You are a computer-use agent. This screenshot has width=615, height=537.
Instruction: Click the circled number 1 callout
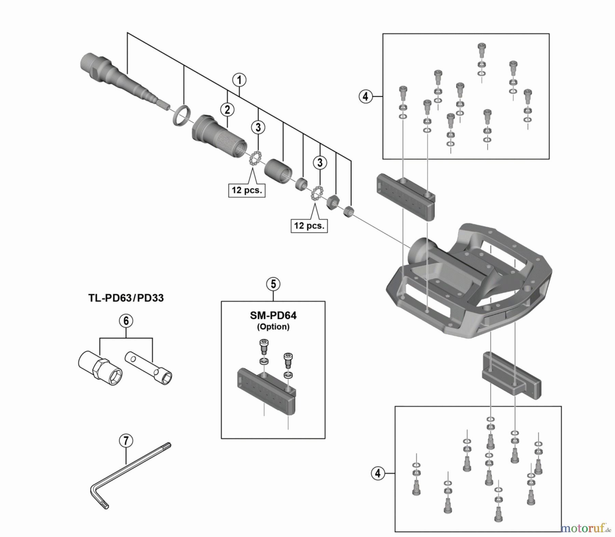click(239, 80)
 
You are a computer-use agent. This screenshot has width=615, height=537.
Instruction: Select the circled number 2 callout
click(227, 110)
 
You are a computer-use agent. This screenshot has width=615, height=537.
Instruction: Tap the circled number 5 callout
click(273, 284)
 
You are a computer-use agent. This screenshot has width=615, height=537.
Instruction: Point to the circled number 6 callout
click(126, 321)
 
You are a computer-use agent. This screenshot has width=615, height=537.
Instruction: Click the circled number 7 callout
click(126, 441)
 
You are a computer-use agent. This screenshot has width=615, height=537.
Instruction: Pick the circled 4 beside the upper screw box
click(365, 97)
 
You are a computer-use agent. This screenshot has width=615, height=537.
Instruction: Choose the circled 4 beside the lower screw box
click(378, 474)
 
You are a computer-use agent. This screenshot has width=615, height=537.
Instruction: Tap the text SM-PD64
click(273, 315)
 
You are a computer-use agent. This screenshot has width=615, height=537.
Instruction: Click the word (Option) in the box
click(273, 327)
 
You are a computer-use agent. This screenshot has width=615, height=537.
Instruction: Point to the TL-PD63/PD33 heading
click(126, 298)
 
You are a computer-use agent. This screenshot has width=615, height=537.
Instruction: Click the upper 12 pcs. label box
click(247, 190)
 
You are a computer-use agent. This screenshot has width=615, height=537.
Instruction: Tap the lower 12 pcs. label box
click(309, 226)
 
